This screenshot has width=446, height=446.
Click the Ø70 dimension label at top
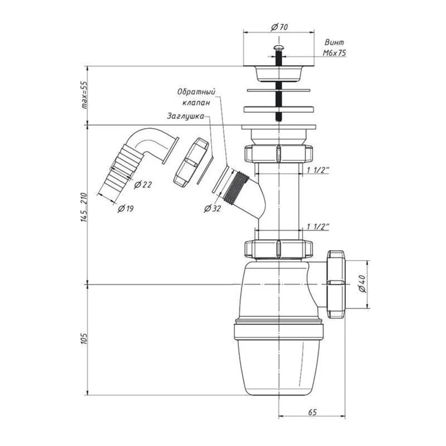click(x=279, y=27)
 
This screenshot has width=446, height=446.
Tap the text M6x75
click(x=334, y=53)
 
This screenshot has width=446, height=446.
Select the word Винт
click(x=334, y=42)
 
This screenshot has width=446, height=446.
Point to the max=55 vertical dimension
click(x=85, y=95)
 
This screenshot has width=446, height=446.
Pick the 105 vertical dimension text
click(x=85, y=339)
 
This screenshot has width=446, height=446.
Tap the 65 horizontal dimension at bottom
click(x=312, y=412)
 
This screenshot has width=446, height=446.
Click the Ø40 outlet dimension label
click(x=363, y=284)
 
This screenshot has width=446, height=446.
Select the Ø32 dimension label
click(x=212, y=209)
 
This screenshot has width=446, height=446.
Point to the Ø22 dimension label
click(x=143, y=185)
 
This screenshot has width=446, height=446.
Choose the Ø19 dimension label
click(x=125, y=209)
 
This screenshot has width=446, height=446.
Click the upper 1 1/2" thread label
click(x=318, y=170)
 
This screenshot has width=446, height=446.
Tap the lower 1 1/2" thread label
click(x=318, y=227)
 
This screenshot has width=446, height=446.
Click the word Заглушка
click(x=185, y=116)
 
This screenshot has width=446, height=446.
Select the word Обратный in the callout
click(x=196, y=92)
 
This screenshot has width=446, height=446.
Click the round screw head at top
click(x=278, y=48)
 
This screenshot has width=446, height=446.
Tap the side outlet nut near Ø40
click(x=336, y=284)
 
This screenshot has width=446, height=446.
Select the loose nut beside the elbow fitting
click(x=191, y=162)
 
